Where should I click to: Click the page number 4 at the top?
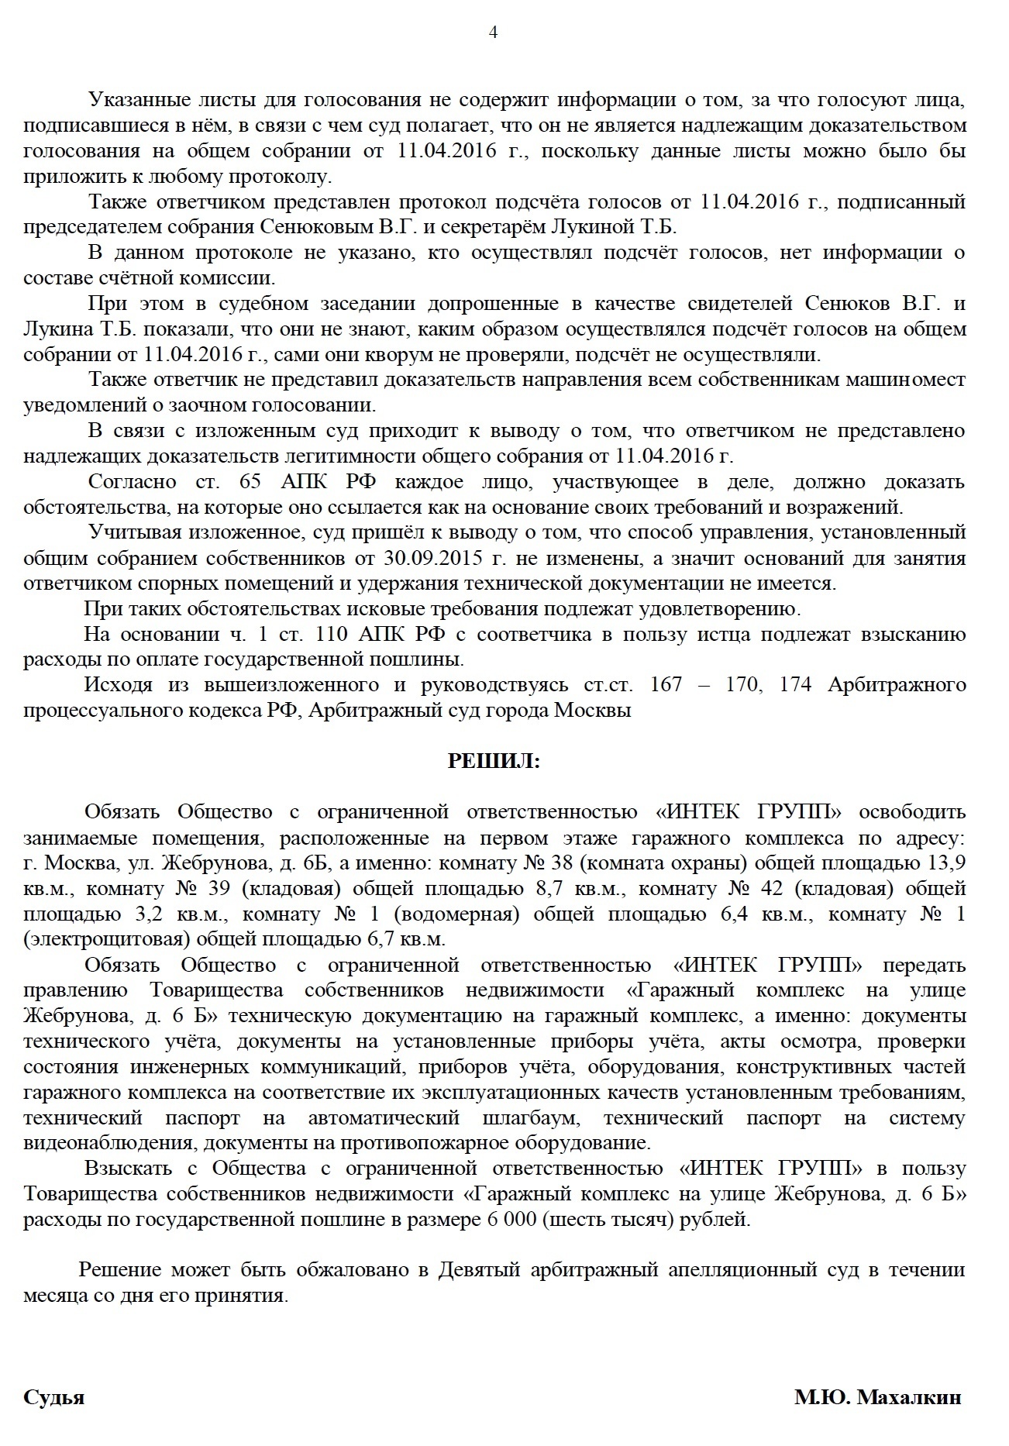494,33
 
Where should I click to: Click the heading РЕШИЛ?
494,762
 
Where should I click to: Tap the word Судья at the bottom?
53,1398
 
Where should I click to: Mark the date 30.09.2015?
422,559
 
